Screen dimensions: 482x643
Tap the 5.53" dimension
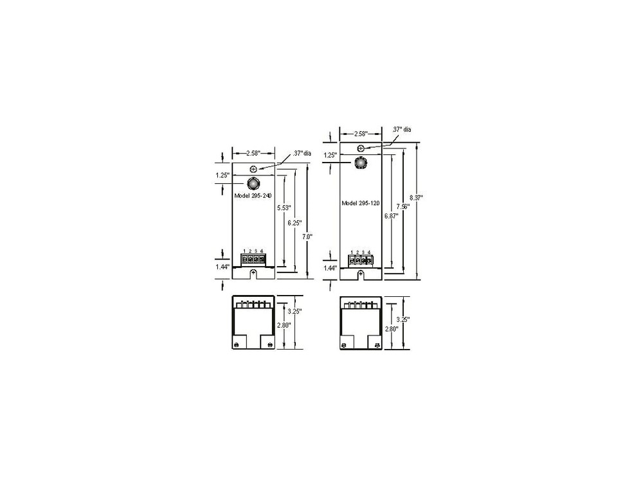(284, 208)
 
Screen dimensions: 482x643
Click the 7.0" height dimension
(307, 237)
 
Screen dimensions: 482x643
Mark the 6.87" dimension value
(390, 217)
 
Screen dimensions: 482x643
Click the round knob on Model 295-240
(253, 183)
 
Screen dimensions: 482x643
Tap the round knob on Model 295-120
(361, 163)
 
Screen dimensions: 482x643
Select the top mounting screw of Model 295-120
(361, 148)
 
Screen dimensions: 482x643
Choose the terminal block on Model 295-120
(360, 260)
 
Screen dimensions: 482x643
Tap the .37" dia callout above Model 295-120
(402, 130)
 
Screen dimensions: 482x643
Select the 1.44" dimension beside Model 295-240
(222, 265)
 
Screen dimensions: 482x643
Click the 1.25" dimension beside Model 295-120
(331, 155)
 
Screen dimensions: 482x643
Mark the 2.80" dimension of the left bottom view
(284, 325)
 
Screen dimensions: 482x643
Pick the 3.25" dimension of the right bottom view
(404, 319)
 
